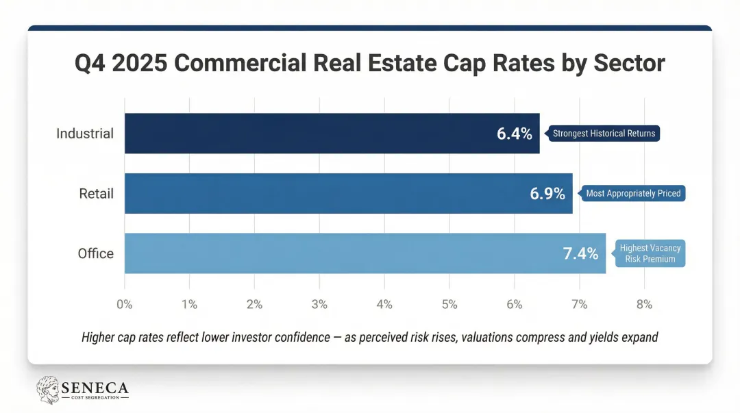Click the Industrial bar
[x=308, y=134]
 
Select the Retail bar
[x=322, y=193]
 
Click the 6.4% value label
[x=514, y=134]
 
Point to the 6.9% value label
[x=547, y=194]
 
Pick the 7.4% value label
[x=580, y=254]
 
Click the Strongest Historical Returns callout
[x=603, y=134]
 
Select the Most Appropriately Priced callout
[x=632, y=193]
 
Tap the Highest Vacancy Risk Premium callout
[x=650, y=253]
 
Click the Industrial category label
[x=85, y=134]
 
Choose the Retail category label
[x=96, y=194]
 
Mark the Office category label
[x=95, y=253]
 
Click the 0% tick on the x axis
[x=125, y=305]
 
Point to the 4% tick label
[x=384, y=305]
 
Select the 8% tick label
[x=644, y=305]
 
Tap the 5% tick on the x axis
[x=449, y=305]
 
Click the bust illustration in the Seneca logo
[x=47, y=389]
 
